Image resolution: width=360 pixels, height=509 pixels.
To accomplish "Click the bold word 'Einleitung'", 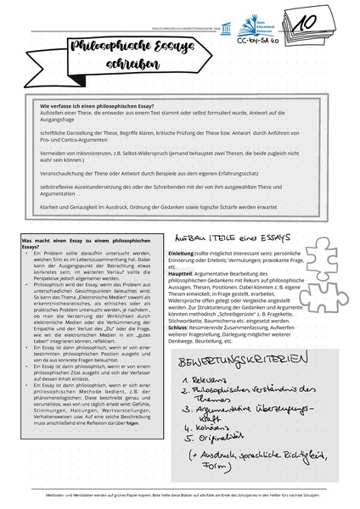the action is [x=181, y=254].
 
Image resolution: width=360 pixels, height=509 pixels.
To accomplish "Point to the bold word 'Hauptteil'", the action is [x=180, y=274].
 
